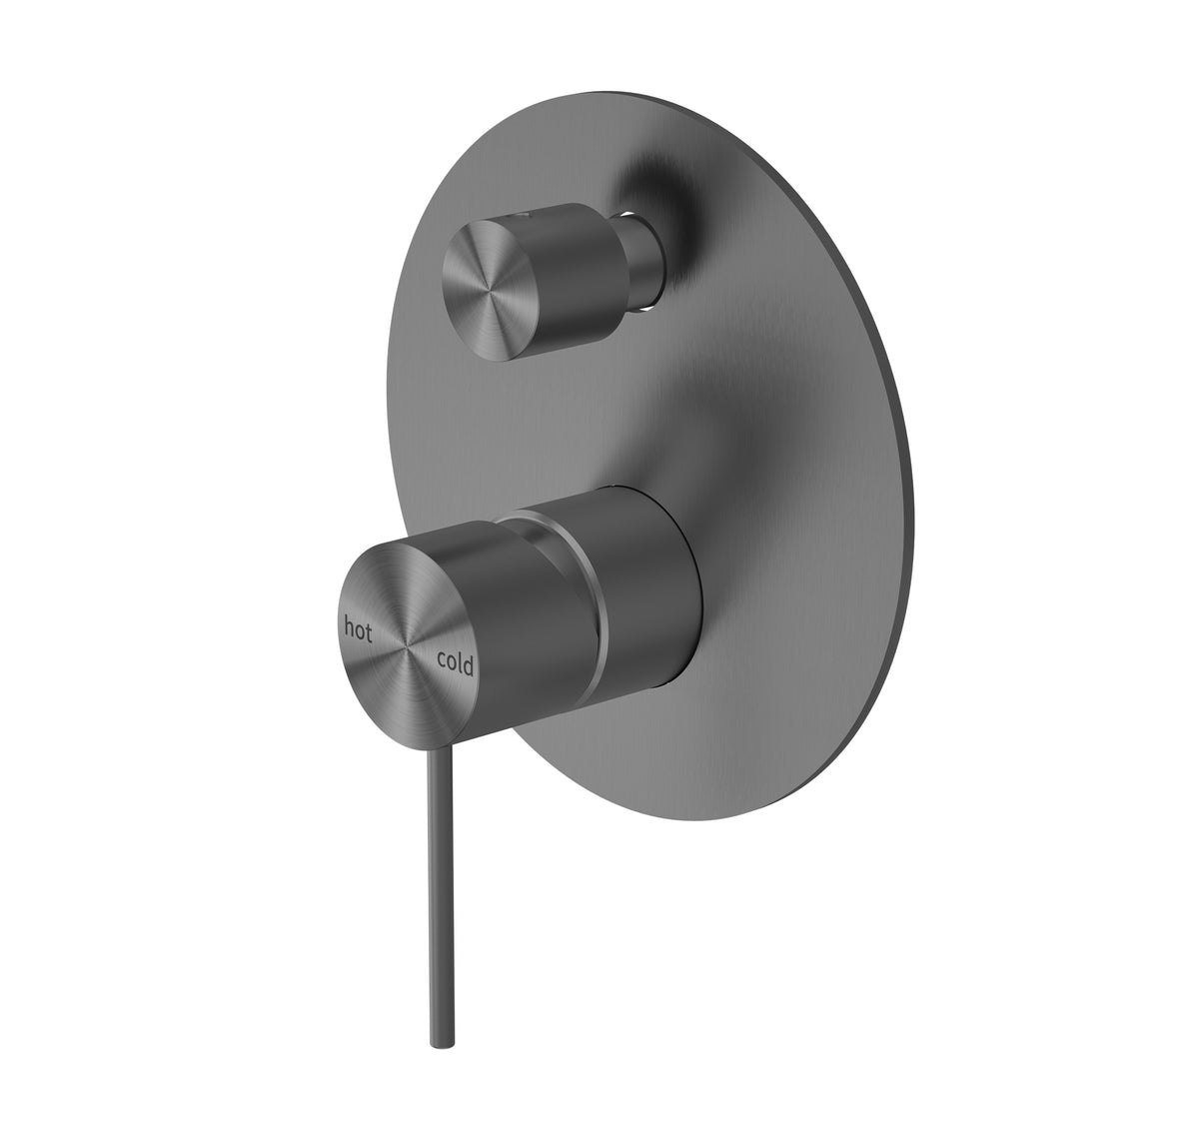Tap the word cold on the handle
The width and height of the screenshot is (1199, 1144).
(455, 662)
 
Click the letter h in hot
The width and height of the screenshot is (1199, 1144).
(350, 626)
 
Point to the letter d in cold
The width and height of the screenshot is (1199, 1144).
(469, 665)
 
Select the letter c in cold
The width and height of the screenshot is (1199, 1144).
(440, 658)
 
